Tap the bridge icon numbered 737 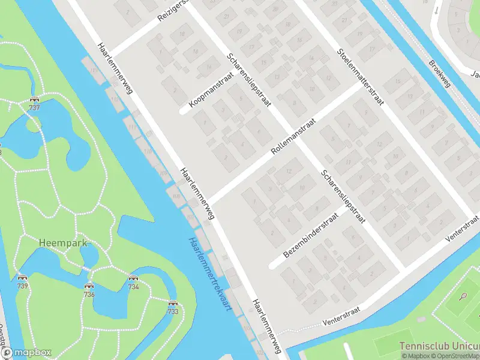pos(34,100)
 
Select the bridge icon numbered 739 pos(22,278)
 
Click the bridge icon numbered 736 pos(89,286)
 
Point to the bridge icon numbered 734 pos(133,279)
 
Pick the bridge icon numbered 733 pos(173,304)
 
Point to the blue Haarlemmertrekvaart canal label pos(210,275)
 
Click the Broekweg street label pos(440,73)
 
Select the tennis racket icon pos(463,296)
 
